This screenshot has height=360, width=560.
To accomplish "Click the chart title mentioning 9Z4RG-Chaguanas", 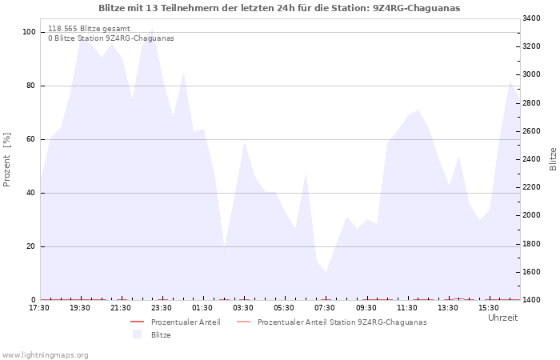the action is tap(279, 8).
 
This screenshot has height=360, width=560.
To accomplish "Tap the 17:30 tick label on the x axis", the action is tap(39, 308).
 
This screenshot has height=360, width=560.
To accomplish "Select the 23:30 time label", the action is tap(162, 308).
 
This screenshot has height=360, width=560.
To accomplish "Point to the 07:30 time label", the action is tap(325, 308).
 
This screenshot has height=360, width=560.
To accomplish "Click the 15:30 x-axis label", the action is tap(489, 308).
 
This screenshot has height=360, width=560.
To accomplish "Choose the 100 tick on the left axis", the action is tap(29, 32).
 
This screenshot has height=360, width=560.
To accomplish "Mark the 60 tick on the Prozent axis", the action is tap(31, 139).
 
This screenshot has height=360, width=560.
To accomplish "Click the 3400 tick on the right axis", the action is tap(531, 18).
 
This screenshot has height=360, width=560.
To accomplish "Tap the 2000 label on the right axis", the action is tap(531, 215).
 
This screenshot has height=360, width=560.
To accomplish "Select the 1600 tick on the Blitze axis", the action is tap(531, 272).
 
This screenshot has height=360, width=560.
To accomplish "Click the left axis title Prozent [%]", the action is tap(6, 160).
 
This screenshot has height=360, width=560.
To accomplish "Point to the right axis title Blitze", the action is tap(553, 159).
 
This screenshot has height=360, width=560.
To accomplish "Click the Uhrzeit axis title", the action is tap(503, 318).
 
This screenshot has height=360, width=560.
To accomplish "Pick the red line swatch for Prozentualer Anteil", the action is tap(137, 322).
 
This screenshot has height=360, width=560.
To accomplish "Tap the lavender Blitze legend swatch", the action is tap(137, 334).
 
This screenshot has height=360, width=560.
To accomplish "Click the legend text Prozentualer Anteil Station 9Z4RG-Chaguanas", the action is tap(342, 322).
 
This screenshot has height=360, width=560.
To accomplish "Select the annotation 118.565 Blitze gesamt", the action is tap(89, 29).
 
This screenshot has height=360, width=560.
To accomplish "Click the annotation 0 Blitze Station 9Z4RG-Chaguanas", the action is tap(111, 38).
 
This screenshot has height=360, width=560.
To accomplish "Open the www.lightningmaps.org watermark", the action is tap(45, 355).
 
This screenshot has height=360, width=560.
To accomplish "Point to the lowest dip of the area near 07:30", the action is tap(326, 273).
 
